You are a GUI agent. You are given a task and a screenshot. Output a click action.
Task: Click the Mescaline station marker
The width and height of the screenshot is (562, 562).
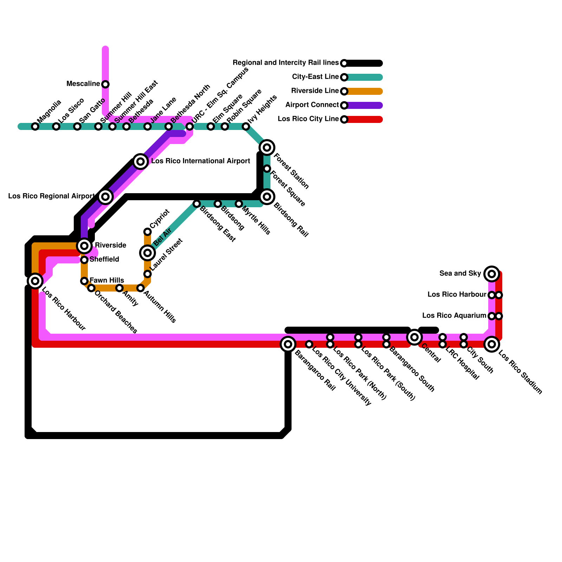pos(105,84)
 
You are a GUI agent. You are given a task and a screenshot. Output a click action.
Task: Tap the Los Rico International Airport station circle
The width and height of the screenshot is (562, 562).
pos(140,162)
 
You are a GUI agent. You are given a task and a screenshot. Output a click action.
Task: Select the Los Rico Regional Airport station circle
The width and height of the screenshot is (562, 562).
pos(105,197)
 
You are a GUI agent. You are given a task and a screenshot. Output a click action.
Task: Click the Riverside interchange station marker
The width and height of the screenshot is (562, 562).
pos(84,246)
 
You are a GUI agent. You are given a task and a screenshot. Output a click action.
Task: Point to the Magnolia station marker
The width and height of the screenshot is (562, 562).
pos(35,126)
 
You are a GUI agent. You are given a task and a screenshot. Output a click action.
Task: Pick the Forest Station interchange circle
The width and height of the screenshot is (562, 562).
pos(267,148)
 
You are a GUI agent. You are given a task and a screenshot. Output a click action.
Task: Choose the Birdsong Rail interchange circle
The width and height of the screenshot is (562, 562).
pos(267,197)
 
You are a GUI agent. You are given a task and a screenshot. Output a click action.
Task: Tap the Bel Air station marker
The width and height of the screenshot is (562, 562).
pos(148,253)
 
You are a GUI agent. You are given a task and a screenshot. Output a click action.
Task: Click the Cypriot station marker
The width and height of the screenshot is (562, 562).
pos(148,232)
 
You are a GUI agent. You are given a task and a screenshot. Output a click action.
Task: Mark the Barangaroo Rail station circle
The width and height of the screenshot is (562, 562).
pos(288,344)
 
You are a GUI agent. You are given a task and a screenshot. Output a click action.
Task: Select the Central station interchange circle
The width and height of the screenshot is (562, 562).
pos(414,337)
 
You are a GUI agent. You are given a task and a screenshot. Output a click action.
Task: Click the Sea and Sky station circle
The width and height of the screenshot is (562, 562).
pos(492,274)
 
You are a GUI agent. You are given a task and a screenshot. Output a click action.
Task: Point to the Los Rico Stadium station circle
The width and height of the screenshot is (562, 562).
pos(492,344)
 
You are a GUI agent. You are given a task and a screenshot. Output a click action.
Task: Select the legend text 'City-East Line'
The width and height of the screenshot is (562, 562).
pos(315,77)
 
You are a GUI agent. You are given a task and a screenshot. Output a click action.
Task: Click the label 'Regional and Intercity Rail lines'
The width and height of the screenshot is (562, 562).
pos(285,63)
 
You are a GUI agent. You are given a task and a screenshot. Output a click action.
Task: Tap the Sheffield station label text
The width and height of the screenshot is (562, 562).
pos(104,260)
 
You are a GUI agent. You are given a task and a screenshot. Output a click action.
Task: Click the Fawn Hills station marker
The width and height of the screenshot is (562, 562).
pos(84,281)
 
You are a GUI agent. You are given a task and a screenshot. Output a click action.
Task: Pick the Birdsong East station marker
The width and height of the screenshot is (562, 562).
pos(197,204)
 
